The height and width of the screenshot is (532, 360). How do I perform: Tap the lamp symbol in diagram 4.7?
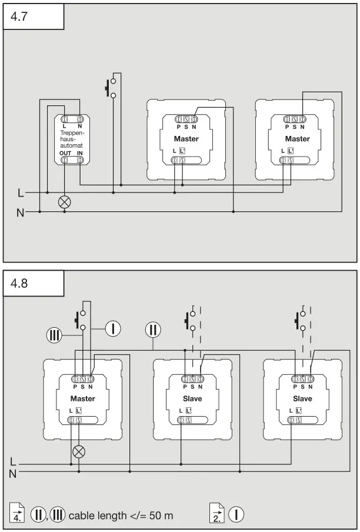(65, 201)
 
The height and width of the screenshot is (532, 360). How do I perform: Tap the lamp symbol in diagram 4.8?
(78, 451)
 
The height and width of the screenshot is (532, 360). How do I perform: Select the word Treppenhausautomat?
(72, 139)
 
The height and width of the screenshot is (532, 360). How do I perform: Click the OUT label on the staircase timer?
(65, 153)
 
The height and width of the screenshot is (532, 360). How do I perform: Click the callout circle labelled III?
(54, 335)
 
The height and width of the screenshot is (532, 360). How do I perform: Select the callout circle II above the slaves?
(153, 328)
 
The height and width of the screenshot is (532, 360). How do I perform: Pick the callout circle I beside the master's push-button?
(113, 328)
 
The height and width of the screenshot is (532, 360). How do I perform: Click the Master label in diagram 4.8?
(82, 398)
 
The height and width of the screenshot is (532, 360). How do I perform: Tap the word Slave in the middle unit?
(192, 398)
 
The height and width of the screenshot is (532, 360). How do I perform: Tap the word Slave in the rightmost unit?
(302, 398)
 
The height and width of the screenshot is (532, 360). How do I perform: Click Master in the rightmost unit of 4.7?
(297, 139)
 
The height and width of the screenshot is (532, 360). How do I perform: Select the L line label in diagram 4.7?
(21, 192)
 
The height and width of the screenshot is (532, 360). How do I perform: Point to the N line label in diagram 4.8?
(13, 473)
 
